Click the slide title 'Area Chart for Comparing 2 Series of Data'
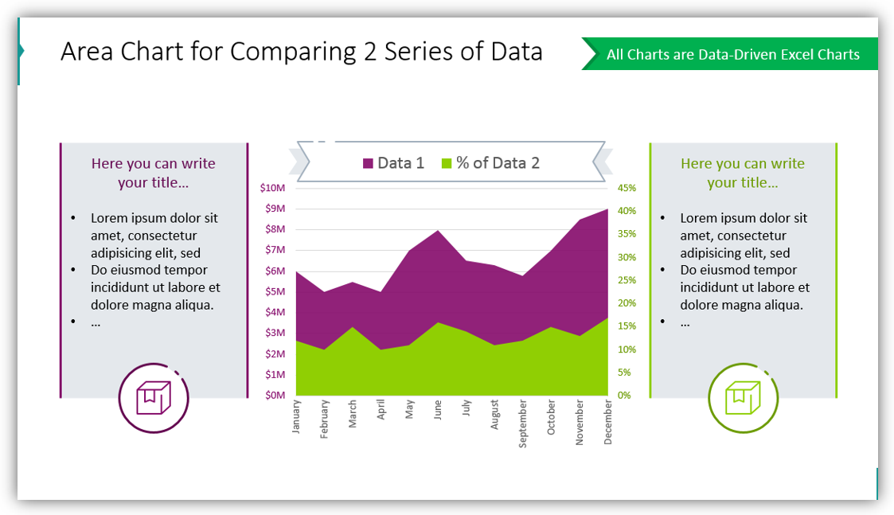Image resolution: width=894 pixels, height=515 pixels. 301,52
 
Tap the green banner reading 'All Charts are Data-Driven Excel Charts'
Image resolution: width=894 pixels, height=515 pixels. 732,55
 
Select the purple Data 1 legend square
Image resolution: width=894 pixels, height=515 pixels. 368,163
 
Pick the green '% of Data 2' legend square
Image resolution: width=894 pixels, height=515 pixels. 446,163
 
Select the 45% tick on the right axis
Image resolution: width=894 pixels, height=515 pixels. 627,188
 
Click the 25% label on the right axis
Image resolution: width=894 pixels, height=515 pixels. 627,280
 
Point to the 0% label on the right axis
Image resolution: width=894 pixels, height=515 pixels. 624,396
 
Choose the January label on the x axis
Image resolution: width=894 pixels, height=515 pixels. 296,416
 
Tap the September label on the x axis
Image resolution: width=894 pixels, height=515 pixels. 523,423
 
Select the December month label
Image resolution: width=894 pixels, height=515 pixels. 608,421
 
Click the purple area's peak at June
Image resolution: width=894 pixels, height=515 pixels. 438,232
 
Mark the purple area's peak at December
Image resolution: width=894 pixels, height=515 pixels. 607,211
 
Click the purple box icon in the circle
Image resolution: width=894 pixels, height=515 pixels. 154,397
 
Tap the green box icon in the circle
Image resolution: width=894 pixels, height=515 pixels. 743,397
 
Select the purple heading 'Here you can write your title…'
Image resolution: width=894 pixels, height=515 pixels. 154,173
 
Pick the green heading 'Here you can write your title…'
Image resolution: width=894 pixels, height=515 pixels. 743,173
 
